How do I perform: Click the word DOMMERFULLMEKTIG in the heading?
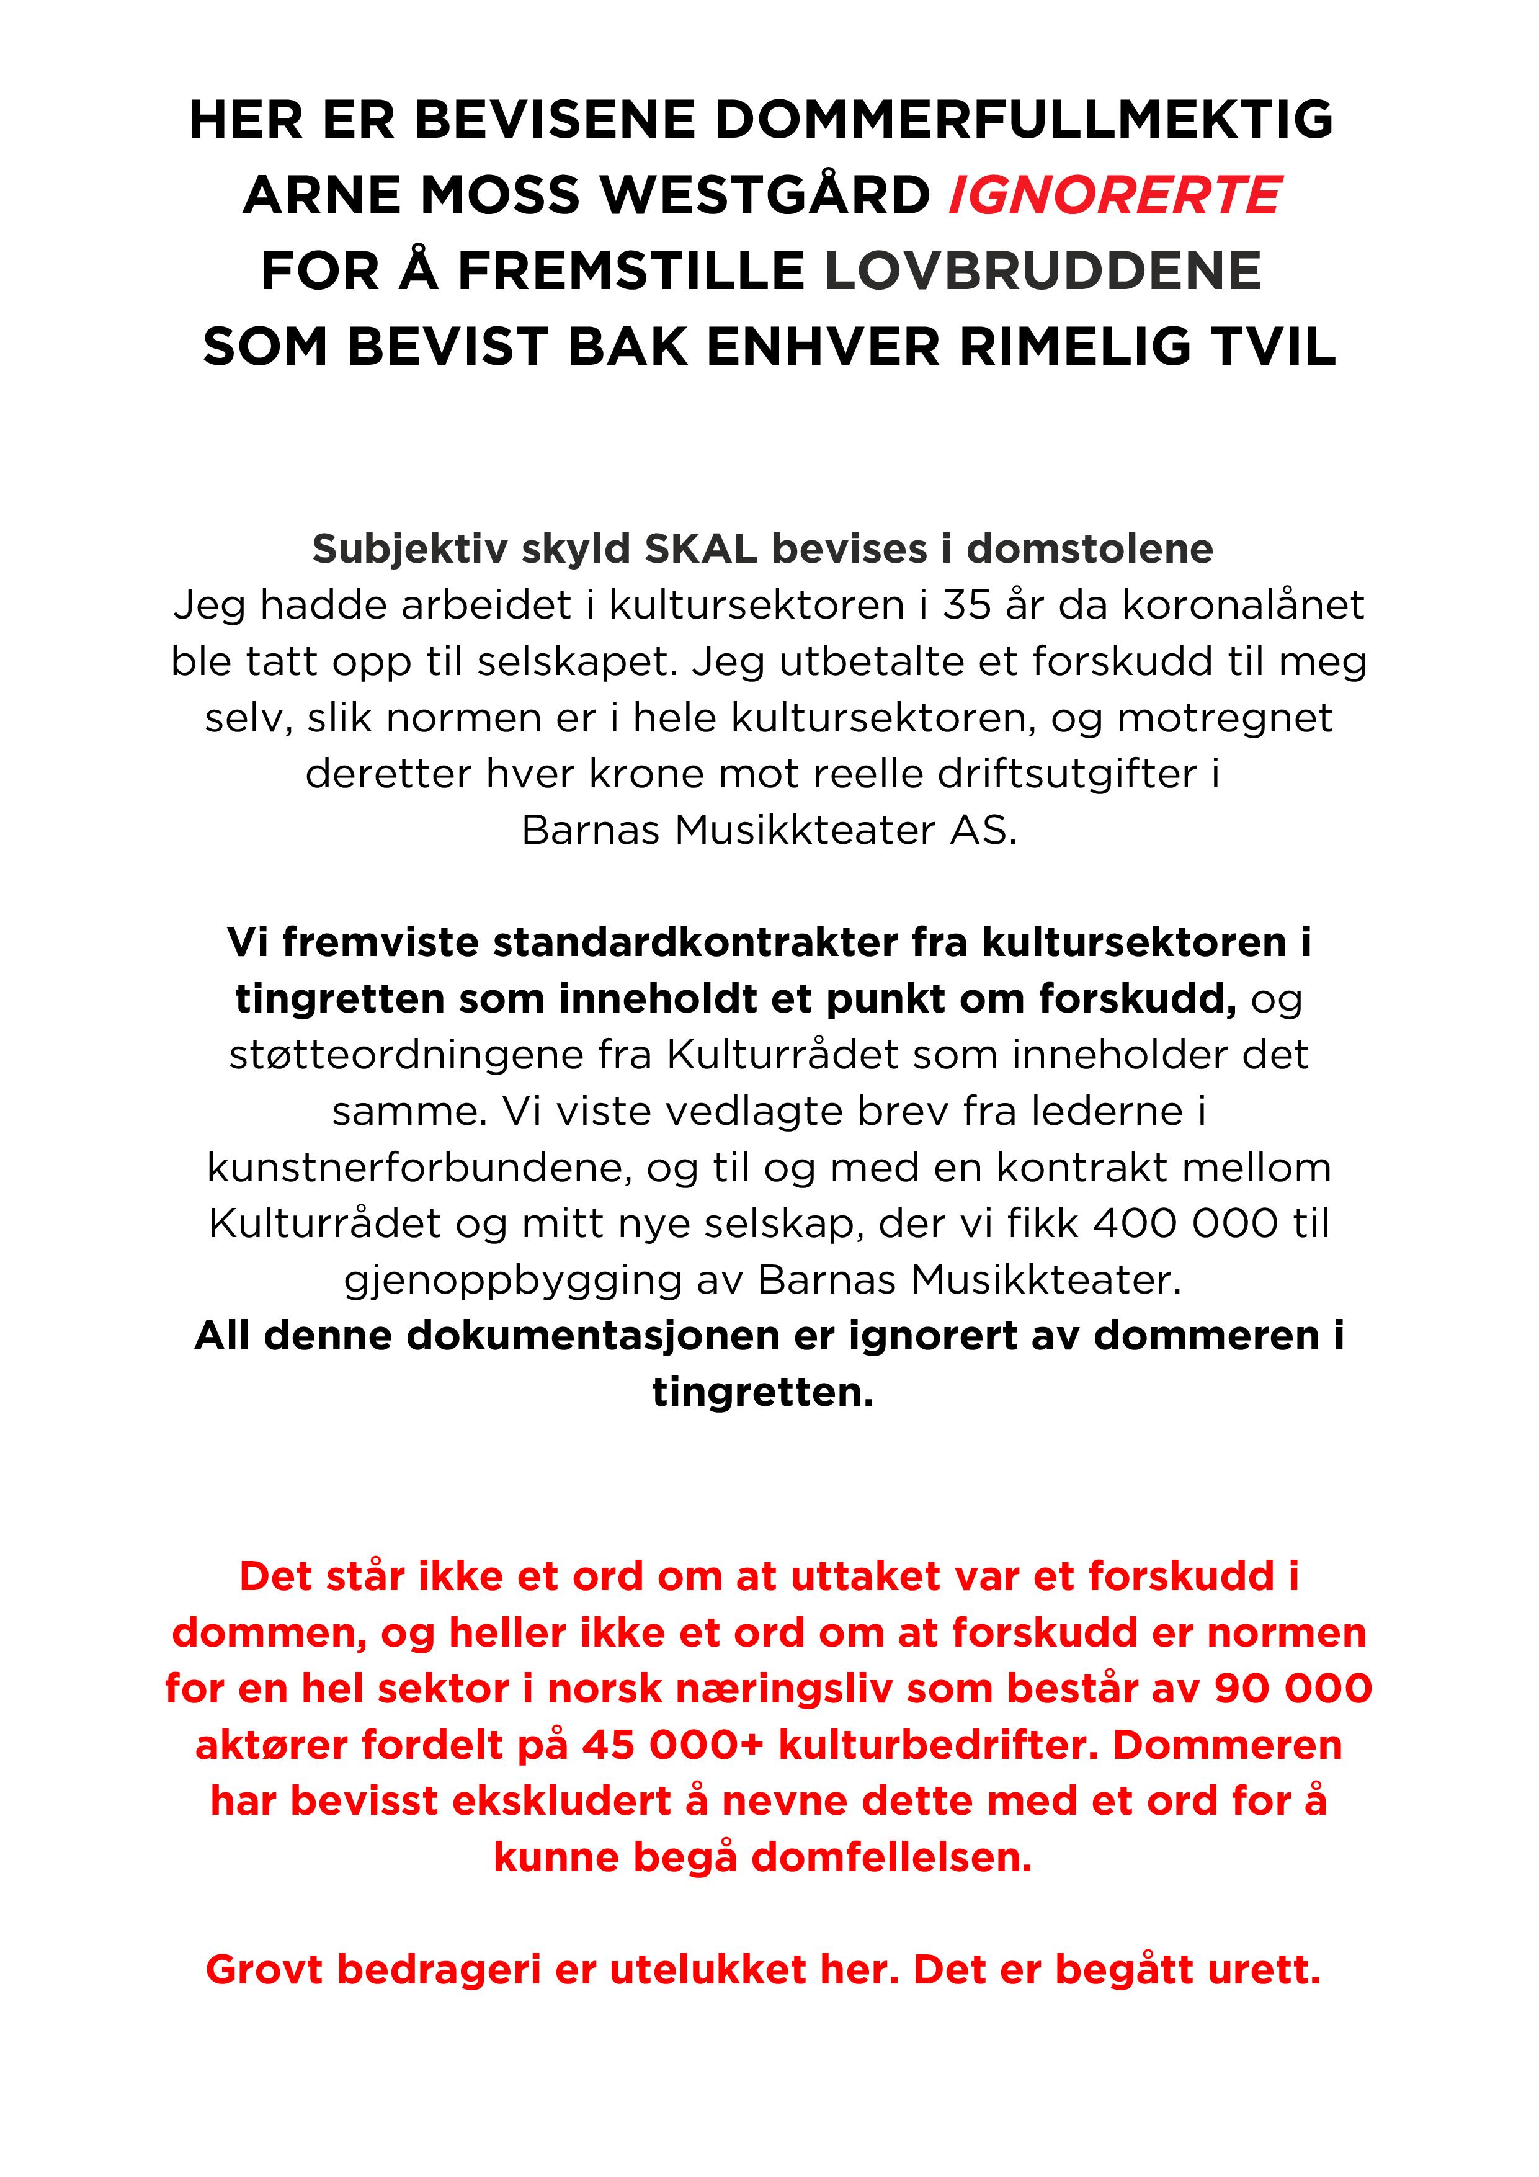point(1024,120)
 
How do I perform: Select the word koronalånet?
point(1243,605)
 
